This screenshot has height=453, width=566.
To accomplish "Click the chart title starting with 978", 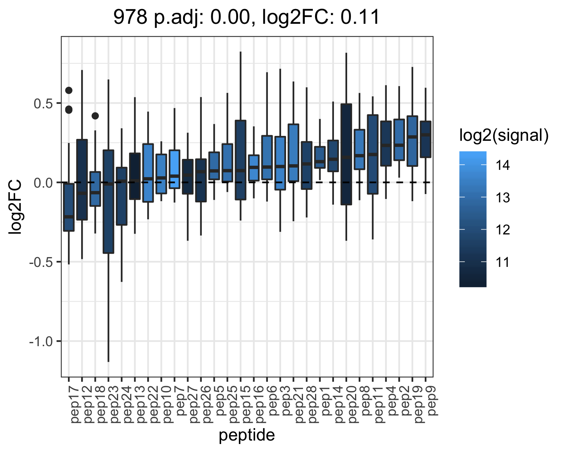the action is click(246, 17).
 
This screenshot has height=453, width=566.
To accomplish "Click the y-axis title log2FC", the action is click(15, 207).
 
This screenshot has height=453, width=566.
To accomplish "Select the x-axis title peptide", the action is click(247, 435).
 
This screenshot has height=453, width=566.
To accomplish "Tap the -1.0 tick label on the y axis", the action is click(41, 342).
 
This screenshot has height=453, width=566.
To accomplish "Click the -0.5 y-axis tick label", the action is click(41, 262).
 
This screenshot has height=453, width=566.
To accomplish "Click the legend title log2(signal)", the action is click(504, 136).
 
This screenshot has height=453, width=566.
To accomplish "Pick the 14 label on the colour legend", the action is click(503, 165).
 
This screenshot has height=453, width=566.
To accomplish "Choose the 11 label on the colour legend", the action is click(503, 262).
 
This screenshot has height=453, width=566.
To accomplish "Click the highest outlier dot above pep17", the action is click(69, 91).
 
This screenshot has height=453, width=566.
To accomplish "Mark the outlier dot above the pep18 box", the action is click(95, 116).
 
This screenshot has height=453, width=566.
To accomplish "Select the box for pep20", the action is click(346, 154).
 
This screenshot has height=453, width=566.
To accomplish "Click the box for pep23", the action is click(108, 202).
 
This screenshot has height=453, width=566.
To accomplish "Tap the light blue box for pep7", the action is click(174, 169).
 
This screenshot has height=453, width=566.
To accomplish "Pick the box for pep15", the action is click(240, 160).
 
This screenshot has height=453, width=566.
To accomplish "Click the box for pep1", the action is click(320, 157).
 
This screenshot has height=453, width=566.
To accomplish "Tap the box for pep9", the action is click(425, 140).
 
